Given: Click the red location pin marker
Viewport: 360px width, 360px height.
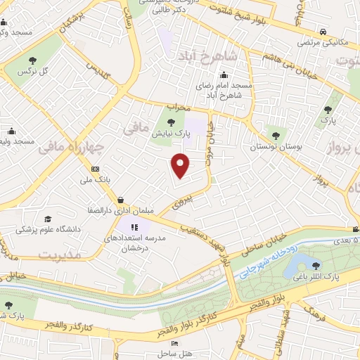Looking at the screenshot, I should click(181, 165).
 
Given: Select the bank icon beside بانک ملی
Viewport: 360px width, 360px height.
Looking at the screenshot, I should click(96, 168).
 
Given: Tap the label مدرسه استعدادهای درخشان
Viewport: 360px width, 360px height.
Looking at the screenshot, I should click(134, 244).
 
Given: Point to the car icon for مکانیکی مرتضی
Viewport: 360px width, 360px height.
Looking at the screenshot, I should click(321, 32).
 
